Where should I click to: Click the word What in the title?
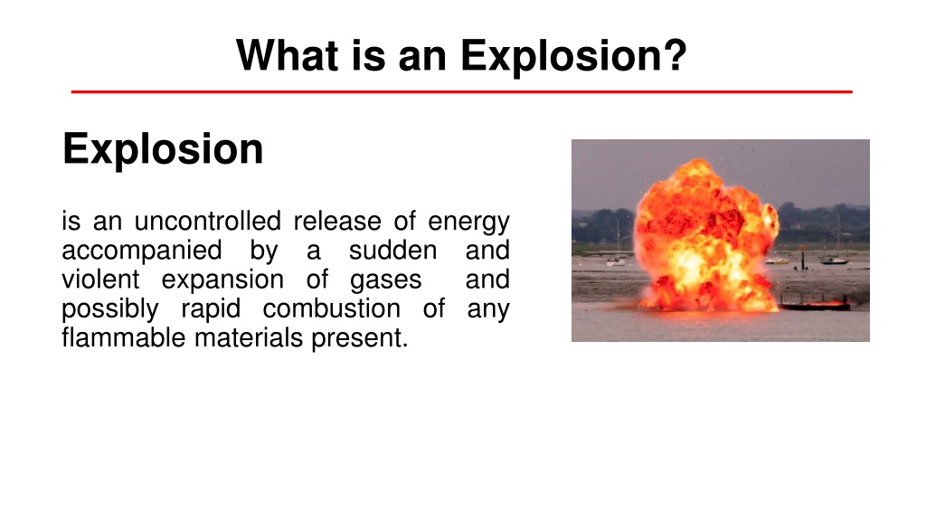pyautogui.click(x=288, y=55)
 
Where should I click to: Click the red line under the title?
pyautogui.click(x=462, y=91)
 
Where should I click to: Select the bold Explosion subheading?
pyautogui.click(x=163, y=149)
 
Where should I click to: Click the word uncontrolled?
pyautogui.click(x=208, y=221)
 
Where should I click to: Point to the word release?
pyautogui.click(x=338, y=221)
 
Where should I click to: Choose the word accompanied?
pyautogui.click(x=142, y=251)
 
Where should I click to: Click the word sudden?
pyautogui.click(x=392, y=250)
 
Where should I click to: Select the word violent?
pyautogui.click(x=100, y=279)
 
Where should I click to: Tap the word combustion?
pyautogui.click(x=331, y=308)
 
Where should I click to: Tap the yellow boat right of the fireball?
pyautogui.click(x=777, y=260)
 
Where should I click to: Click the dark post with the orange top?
pyautogui.click(x=803, y=258)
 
